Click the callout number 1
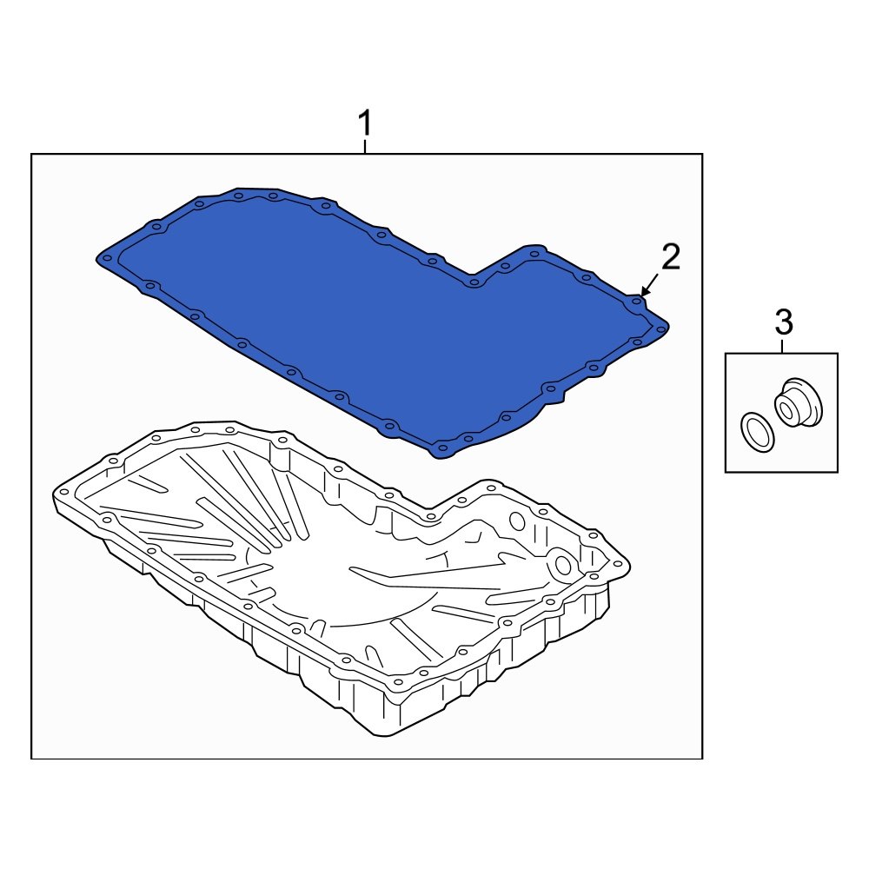[x=366, y=124]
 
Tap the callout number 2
[x=670, y=257]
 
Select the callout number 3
[x=783, y=323]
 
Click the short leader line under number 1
[x=365, y=148]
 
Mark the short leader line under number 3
[x=782, y=347]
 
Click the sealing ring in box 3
[x=757, y=432]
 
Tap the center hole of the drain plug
[x=786, y=407]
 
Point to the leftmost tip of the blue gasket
[x=98, y=257]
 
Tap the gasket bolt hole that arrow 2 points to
[x=637, y=302]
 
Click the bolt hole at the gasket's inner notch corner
[x=474, y=282]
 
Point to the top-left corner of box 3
[x=726, y=354]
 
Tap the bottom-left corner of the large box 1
[x=32, y=758]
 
